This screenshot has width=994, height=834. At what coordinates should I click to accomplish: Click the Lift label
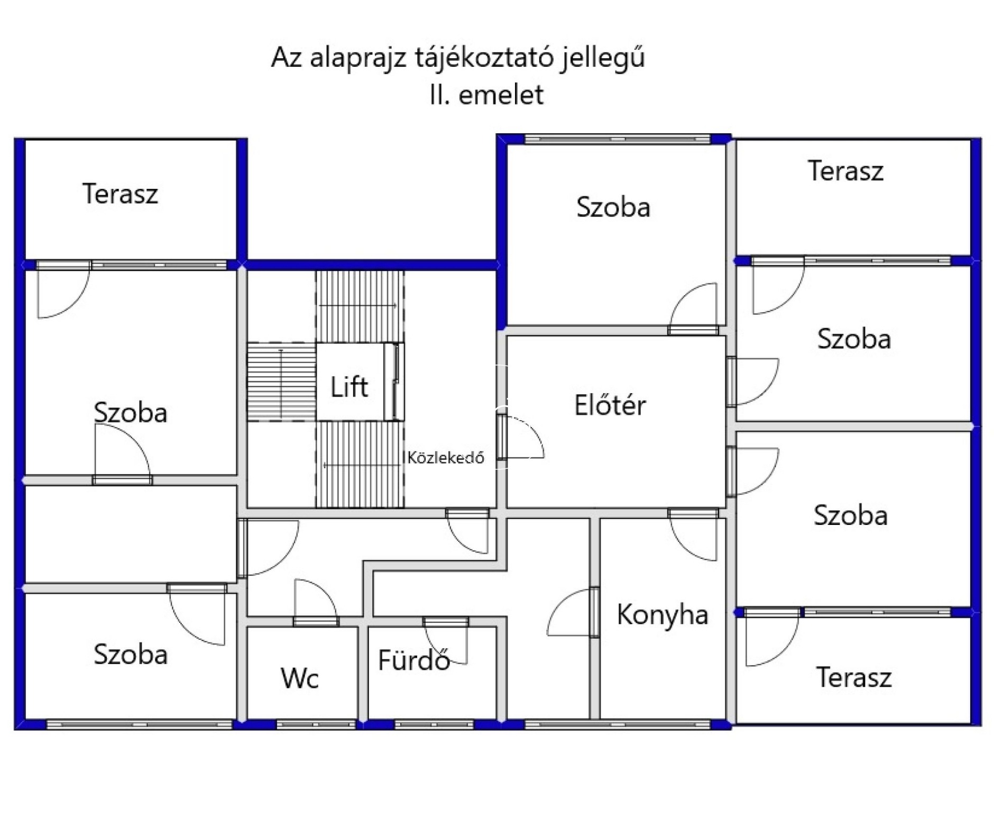(x=349, y=387)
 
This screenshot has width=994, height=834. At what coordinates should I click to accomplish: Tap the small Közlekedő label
(x=445, y=458)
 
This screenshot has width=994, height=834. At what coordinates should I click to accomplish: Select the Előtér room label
(x=610, y=405)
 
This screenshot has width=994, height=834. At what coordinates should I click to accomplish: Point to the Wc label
(x=300, y=678)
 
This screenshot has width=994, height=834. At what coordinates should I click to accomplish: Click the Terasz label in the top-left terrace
(x=120, y=194)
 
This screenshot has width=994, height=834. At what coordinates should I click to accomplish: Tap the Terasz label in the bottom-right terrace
(x=854, y=677)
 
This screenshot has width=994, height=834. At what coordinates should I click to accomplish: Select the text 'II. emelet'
(x=486, y=95)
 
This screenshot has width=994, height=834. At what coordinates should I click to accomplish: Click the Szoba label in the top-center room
(x=613, y=207)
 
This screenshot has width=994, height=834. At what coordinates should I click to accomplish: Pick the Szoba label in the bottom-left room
(x=131, y=654)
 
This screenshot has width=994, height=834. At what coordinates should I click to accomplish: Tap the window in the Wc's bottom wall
(x=316, y=724)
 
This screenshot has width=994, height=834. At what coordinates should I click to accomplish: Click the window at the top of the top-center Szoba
(x=617, y=139)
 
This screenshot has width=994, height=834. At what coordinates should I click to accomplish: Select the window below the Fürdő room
(x=434, y=724)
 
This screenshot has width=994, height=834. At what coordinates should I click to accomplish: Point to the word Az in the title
(x=286, y=57)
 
